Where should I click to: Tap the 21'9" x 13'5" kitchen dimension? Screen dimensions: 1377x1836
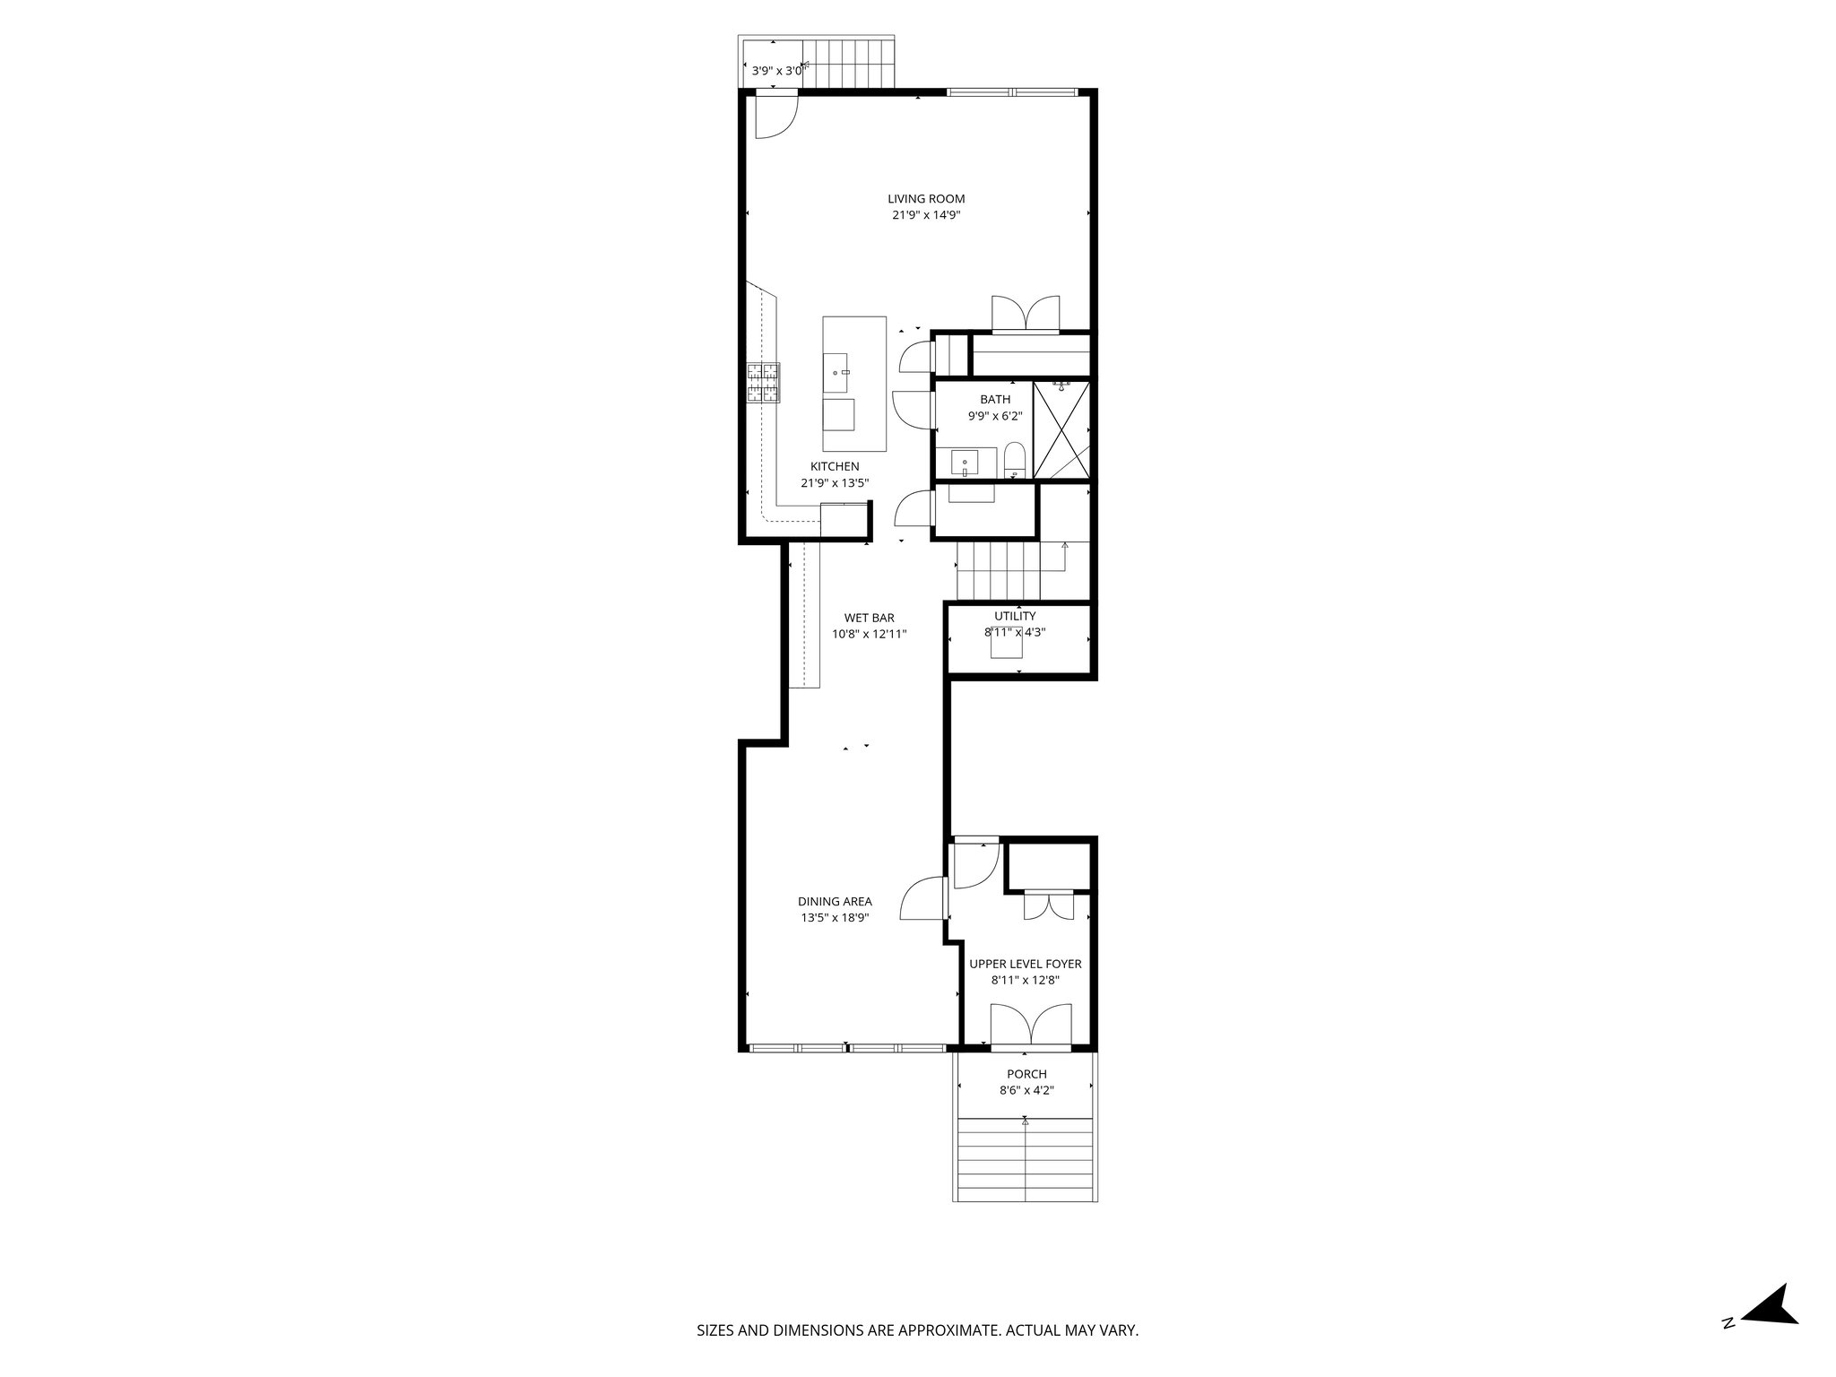point(835,482)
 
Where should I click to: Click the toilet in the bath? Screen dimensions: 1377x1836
point(1014,460)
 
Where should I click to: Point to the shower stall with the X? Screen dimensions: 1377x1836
point(1061,429)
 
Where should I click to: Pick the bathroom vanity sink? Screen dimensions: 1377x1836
point(965,463)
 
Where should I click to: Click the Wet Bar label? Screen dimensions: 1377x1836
point(869,618)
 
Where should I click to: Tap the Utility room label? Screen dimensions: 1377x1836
point(1015,616)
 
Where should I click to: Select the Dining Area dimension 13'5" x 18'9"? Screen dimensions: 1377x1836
point(835,917)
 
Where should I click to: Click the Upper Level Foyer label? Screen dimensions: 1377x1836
point(1025,964)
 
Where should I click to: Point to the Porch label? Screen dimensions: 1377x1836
point(1026,1074)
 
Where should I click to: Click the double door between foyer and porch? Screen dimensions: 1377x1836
point(1030,1026)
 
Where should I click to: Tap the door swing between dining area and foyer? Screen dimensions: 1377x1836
point(922,899)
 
